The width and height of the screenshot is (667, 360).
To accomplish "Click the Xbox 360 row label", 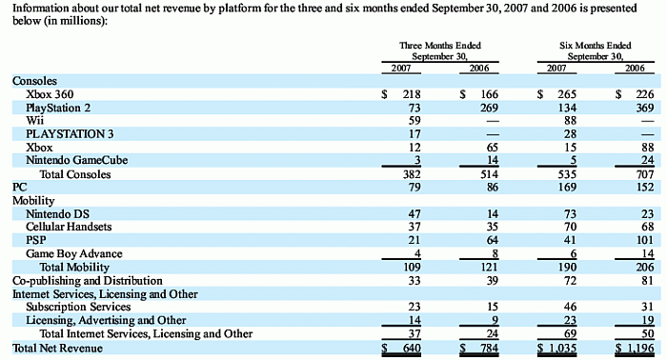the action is (x=50, y=94).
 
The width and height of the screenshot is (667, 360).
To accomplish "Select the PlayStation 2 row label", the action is (x=58, y=108).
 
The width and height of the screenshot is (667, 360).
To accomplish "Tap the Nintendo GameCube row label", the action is (x=76, y=160).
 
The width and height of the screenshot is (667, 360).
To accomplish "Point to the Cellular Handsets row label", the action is (x=69, y=227).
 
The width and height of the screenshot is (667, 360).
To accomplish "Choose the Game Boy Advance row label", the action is (x=74, y=253).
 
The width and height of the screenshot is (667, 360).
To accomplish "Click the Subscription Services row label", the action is (x=78, y=307).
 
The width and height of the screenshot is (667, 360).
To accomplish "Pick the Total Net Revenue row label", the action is (x=57, y=349).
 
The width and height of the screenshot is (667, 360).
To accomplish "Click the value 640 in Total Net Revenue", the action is (x=412, y=349).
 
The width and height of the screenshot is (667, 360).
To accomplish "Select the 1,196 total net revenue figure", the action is (x=640, y=349).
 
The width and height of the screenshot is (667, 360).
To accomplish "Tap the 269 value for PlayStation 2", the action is (x=489, y=108).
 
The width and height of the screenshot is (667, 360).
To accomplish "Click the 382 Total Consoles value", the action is (x=412, y=174).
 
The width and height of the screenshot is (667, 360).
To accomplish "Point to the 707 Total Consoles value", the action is (x=645, y=174).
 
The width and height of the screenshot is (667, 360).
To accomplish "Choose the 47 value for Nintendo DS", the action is (x=414, y=213).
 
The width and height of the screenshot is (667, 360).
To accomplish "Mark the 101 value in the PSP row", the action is (x=645, y=240).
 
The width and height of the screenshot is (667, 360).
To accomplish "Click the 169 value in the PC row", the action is (x=568, y=187).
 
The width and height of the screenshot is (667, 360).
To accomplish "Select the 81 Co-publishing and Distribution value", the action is (x=648, y=281).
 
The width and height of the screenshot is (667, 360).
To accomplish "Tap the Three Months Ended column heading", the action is (x=440, y=46).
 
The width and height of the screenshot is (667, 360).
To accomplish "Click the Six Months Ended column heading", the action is (x=596, y=46).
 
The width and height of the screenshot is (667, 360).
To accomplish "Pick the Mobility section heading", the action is (x=33, y=201).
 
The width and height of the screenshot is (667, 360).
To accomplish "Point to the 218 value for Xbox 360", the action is (x=412, y=94).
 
